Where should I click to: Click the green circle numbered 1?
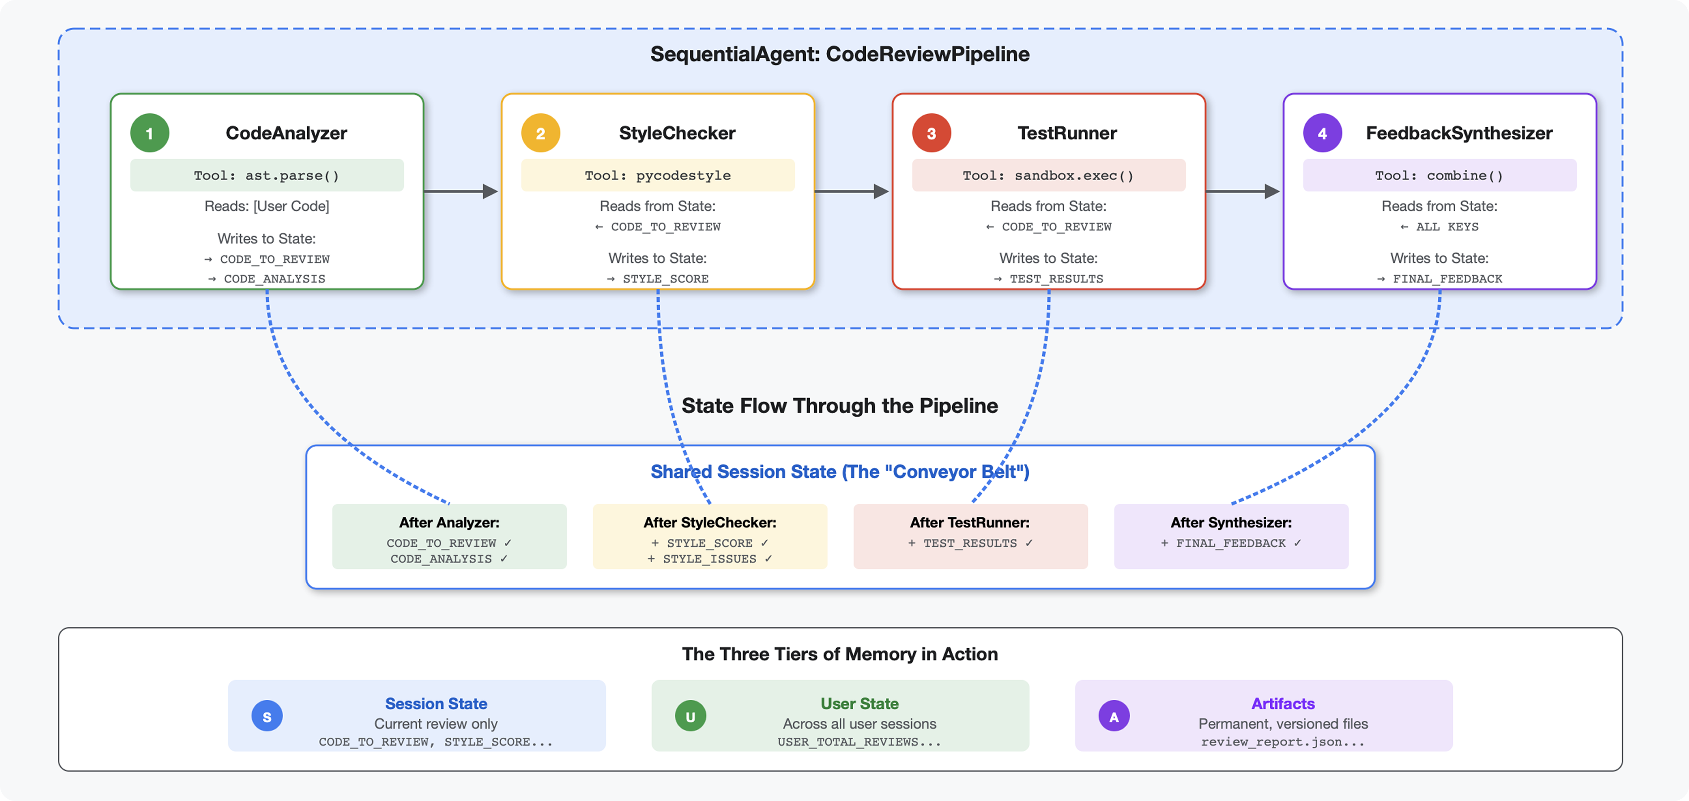pos(149,133)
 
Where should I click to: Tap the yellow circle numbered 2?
pos(540,133)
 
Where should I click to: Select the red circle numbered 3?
pos(931,133)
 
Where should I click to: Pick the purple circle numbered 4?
pos(1322,133)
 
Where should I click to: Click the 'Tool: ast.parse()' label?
pos(266,175)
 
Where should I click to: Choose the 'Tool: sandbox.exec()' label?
pos(1048,175)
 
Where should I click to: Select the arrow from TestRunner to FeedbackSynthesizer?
pos(1242,191)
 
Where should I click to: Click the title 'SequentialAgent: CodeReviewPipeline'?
pos(839,54)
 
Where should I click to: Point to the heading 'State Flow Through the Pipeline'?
pos(839,406)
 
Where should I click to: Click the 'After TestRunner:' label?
pos(969,522)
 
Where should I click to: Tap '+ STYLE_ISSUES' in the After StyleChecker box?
pos(709,558)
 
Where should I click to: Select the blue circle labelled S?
pos(267,716)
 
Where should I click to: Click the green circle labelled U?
pos(690,716)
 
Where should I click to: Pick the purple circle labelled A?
pos(1113,716)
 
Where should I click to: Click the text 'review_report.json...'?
pos(1282,742)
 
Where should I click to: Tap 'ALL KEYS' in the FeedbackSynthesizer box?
pos(1447,226)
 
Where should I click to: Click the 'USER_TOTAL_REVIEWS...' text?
pos(859,742)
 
